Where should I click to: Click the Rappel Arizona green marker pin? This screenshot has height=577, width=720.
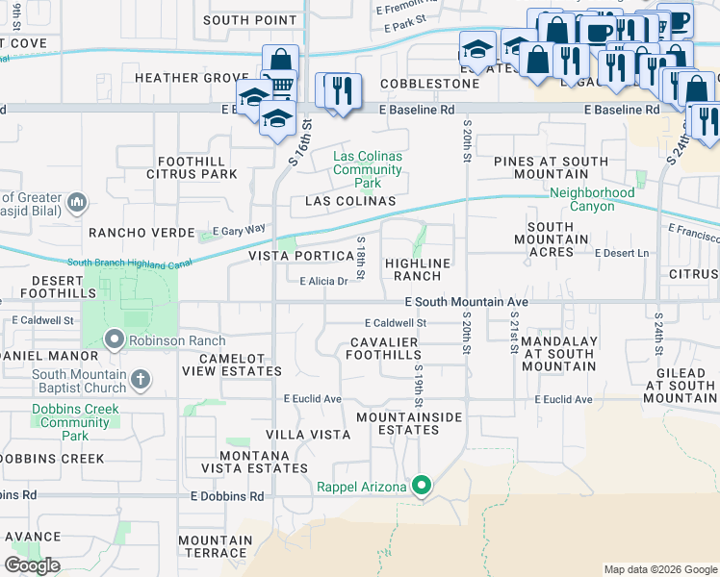click(x=421, y=487)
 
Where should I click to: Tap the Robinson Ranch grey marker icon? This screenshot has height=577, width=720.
click(x=115, y=340)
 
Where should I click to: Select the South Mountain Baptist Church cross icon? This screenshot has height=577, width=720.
click(x=141, y=378)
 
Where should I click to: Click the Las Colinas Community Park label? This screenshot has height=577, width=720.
click(x=367, y=169)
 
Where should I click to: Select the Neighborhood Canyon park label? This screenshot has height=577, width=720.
click(x=592, y=199)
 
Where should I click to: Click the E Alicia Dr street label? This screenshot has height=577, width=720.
click(x=322, y=282)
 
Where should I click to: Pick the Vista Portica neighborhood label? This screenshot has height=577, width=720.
click(x=302, y=256)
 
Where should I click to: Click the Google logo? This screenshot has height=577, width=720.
click(x=32, y=565)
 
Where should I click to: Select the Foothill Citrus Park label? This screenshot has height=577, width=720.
click(x=192, y=167)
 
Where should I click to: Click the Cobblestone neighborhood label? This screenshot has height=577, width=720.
click(x=429, y=84)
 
